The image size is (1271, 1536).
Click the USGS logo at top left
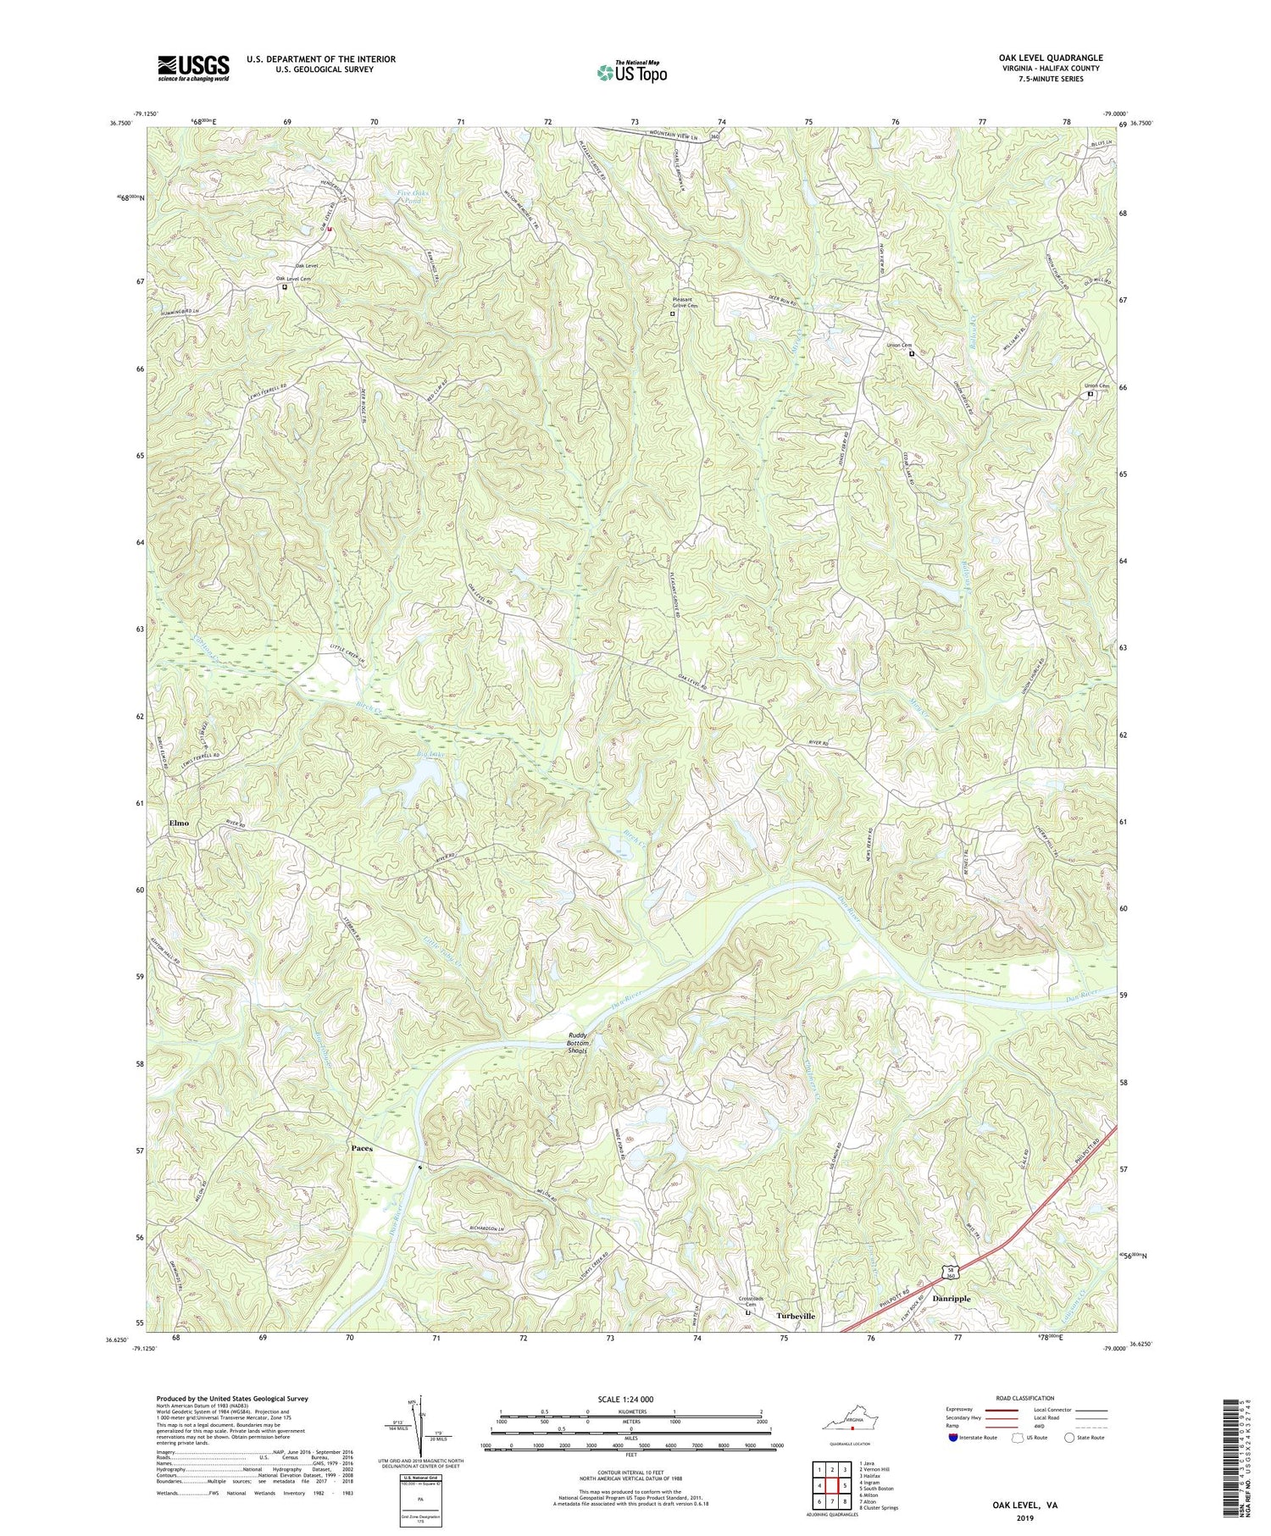pyautogui.click(x=193, y=68)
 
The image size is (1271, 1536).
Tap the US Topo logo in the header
pyautogui.click(x=631, y=72)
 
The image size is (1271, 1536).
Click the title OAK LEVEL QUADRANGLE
pyautogui.click(x=1050, y=58)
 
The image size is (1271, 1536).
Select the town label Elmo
pyautogui.click(x=179, y=823)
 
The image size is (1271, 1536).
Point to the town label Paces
pyautogui.click(x=362, y=1149)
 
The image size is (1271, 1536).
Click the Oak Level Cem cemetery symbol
pyautogui.click(x=285, y=287)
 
